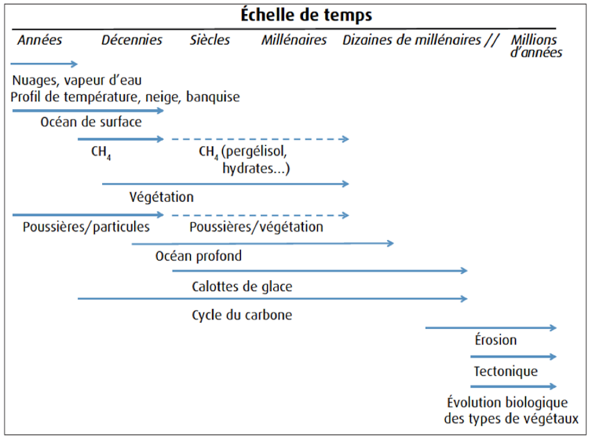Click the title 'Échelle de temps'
pyautogui.click(x=306, y=15)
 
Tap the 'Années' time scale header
pyautogui.click(x=39, y=40)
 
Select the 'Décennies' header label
pyautogui.click(x=132, y=40)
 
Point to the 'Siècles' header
pyautogui.click(x=210, y=40)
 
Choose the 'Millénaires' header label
pyautogui.click(x=294, y=40)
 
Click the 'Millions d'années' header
pyautogui.click(x=536, y=46)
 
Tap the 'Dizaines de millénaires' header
pyautogui.click(x=412, y=40)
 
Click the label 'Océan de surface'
pyautogui.click(x=91, y=122)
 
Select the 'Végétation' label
pyautogui.click(x=162, y=197)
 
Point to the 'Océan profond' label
pyautogui.click(x=199, y=256)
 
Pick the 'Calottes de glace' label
pyautogui.click(x=242, y=287)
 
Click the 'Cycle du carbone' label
pyautogui.click(x=242, y=315)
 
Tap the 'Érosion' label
pyautogui.click(x=495, y=340)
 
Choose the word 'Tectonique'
pyautogui.click(x=506, y=371)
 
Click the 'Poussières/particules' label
pyautogui.click(x=86, y=227)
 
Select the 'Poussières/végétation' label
pyautogui.click(x=257, y=227)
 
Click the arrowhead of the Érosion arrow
pyautogui.click(x=553, y=328)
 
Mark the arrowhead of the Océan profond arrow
pyautogui.click(x=390, y=243)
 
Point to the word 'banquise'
pyautogui.click(x=213, y=97)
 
